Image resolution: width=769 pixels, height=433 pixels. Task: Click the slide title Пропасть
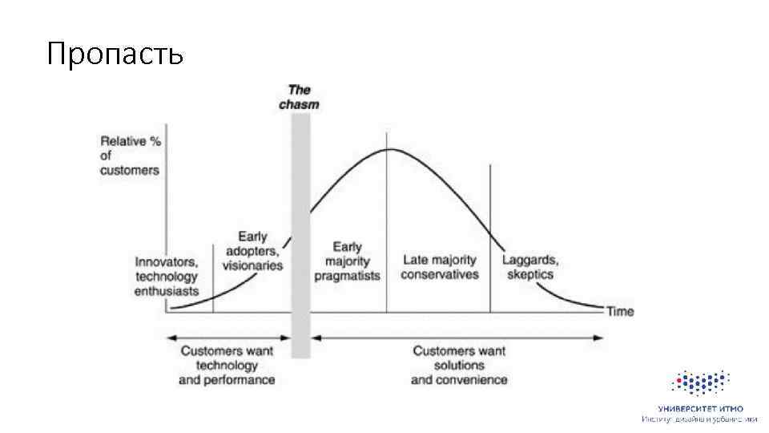tap(115, 54)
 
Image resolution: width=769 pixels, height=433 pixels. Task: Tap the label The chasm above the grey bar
tap(299, 97)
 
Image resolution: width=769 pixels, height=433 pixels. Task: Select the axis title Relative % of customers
tap(130, 156)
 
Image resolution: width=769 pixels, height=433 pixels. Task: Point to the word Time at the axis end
tap(620, 311)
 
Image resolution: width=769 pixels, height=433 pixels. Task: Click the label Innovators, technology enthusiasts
tap(166, 277)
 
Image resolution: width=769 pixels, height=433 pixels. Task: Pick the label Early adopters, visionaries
tap(252, 251)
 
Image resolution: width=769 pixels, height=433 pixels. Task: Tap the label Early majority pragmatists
tap(347, 261)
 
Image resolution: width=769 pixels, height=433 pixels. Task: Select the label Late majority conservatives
tap(439, 267)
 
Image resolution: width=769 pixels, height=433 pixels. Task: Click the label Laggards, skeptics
tap(530, 267)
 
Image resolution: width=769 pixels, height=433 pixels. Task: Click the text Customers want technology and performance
tap(227, 365)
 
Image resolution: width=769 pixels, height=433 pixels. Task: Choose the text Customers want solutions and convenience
tap(459, 365)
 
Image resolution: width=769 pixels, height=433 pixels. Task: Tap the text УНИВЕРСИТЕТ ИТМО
tap(699, 409)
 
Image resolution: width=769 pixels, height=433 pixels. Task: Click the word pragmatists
tap(347, 274)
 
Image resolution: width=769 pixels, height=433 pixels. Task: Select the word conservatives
tap(439, 274)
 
